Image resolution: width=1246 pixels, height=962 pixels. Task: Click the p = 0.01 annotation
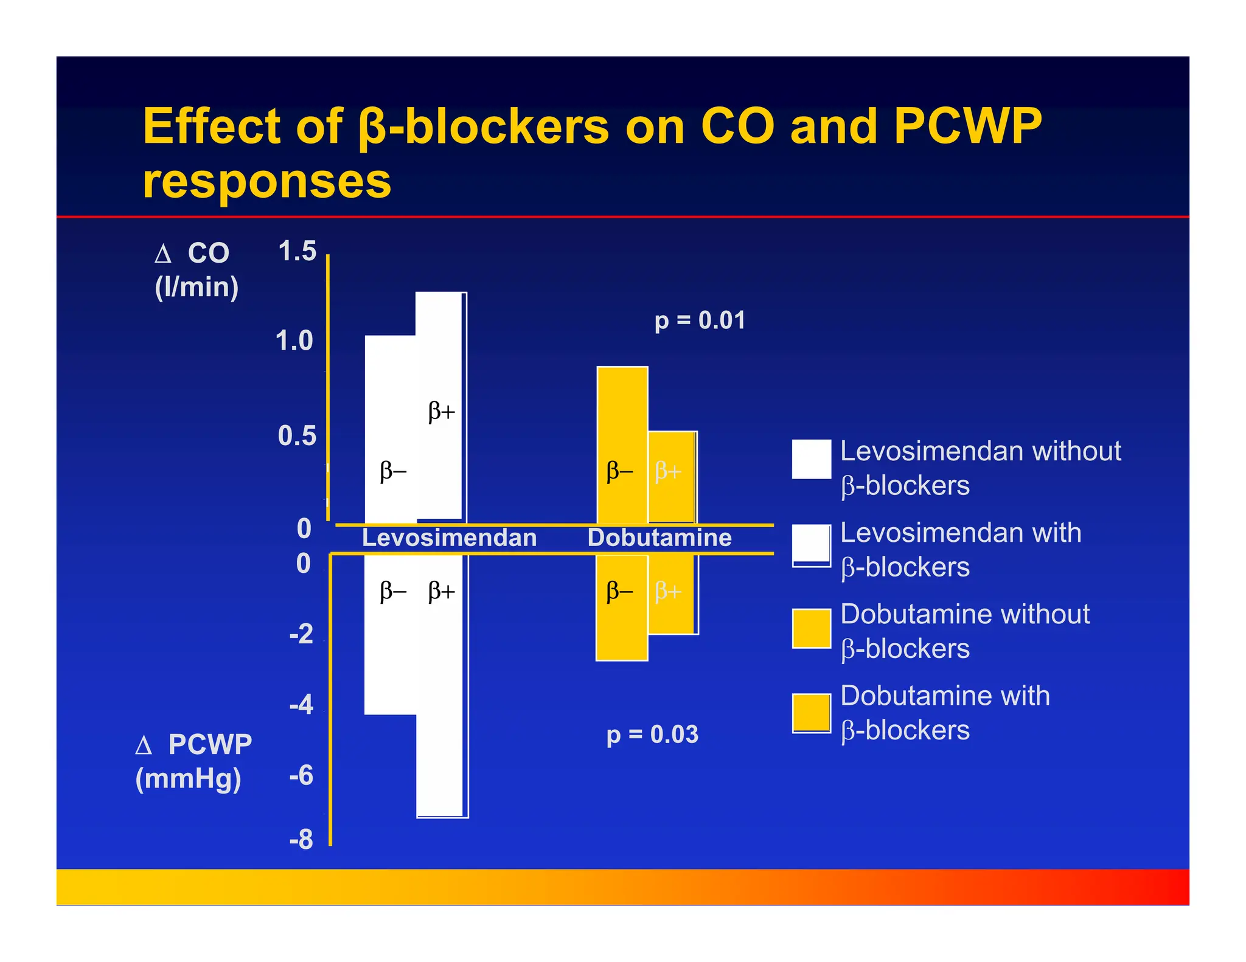pos(700,320)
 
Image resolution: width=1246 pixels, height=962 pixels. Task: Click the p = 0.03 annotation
pos(652,735)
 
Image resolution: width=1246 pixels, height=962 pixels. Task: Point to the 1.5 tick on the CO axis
pos(297,251)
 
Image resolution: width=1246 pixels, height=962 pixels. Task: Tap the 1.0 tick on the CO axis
pos(294,341)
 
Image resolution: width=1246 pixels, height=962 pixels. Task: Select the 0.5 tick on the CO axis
pos(297,436)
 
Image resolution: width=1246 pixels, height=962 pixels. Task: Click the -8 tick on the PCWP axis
pos(301,840)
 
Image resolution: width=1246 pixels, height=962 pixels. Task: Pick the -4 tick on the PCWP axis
pos(301,705)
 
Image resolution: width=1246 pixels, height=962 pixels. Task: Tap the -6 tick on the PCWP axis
pos(301,776)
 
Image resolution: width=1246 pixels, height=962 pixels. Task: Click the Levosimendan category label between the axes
pos(449,538)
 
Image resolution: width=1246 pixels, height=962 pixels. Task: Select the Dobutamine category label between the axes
pos(660,538)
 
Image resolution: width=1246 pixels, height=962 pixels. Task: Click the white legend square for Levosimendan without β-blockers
pos(812,459)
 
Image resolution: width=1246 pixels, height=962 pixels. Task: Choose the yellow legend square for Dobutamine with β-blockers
pos(812,713)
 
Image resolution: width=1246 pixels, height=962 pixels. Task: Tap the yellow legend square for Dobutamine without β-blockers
pos(812,628)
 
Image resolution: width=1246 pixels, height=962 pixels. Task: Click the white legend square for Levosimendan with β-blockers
pos(812,545)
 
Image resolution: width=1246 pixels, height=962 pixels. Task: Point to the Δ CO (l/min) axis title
pos(196,270)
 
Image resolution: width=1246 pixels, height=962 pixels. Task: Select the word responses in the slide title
pos(266,181)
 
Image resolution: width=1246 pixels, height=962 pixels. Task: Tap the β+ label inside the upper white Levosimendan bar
pos(442,412)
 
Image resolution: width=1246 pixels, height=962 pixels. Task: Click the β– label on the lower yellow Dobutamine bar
pos(620,591)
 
